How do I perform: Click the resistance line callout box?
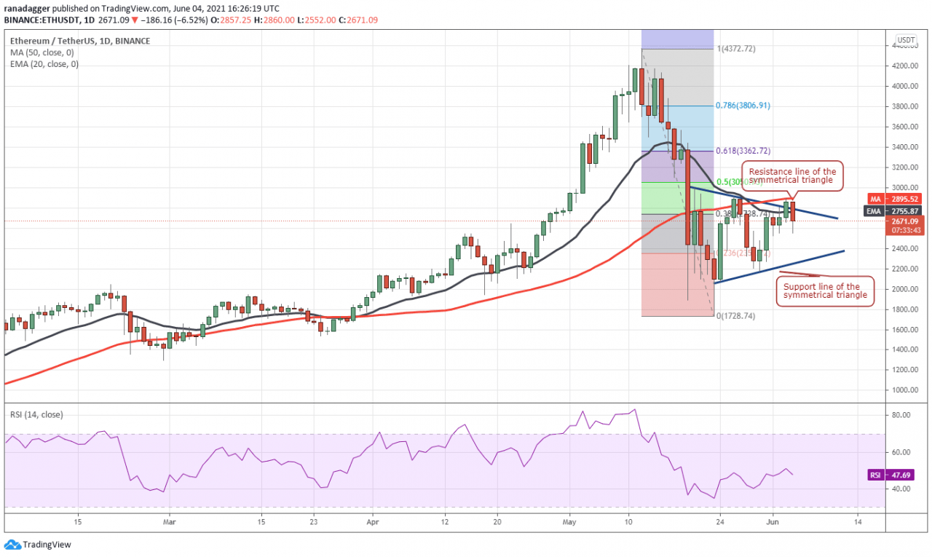[792, 175]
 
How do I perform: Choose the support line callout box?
[825, 291]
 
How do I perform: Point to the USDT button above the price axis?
[906, 40]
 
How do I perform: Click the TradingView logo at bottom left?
[37, 545]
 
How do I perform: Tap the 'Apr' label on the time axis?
[372, 521]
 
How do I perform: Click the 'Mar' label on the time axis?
[169, 521]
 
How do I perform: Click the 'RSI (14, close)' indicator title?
[36, 414]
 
